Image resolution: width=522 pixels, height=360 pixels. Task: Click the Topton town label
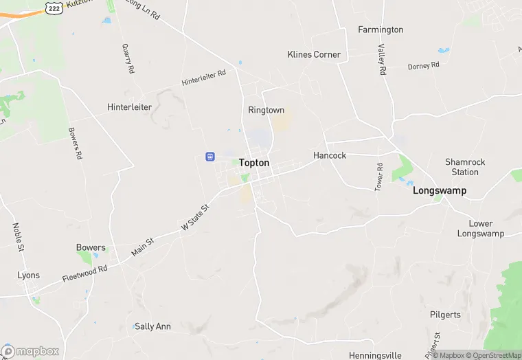click(254, 164)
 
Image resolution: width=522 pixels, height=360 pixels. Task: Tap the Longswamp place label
click(439, 190)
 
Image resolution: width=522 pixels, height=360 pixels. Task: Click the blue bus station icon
click(209, 157)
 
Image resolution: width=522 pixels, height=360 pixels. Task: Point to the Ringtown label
click(266, 110)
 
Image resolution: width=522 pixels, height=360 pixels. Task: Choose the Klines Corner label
click(313, 54)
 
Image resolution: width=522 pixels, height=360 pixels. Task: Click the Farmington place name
click(381, 30)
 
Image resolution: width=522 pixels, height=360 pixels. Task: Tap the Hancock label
click(330, 155)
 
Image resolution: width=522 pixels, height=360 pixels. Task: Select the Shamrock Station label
click(465, 167)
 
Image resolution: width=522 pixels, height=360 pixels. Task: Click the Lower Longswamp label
click(480, 229)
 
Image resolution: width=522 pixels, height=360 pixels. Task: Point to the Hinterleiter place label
click(129, 107)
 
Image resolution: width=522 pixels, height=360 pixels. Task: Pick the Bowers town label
click(91, 247)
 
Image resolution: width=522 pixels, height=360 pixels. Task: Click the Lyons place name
click(28, 275)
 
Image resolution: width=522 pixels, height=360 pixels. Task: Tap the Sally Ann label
click(152, 326)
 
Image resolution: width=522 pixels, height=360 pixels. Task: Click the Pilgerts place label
click(445, 315)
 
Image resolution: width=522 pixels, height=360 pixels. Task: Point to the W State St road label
click(194, 217)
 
